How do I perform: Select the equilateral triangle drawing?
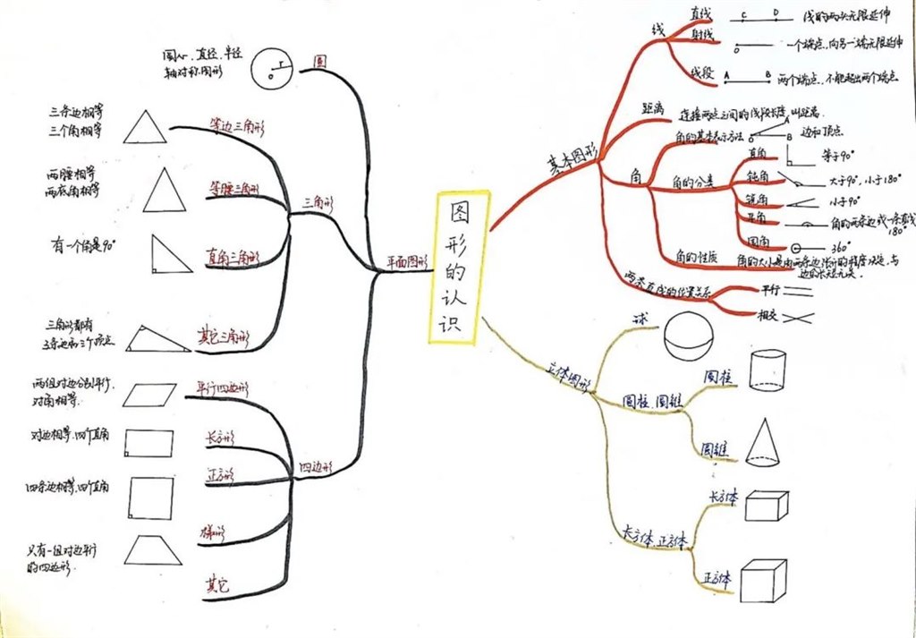click(x=144, y=127)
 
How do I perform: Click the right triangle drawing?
click(x=169, y=254)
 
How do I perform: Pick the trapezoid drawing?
click(x=153, y=549)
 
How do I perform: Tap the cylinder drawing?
click(x=767, y=370)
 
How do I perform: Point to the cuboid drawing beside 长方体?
click(x=766, y=506)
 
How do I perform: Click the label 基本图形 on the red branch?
click(x=572, y=160)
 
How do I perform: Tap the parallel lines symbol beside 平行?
click(x=800, y=290)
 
